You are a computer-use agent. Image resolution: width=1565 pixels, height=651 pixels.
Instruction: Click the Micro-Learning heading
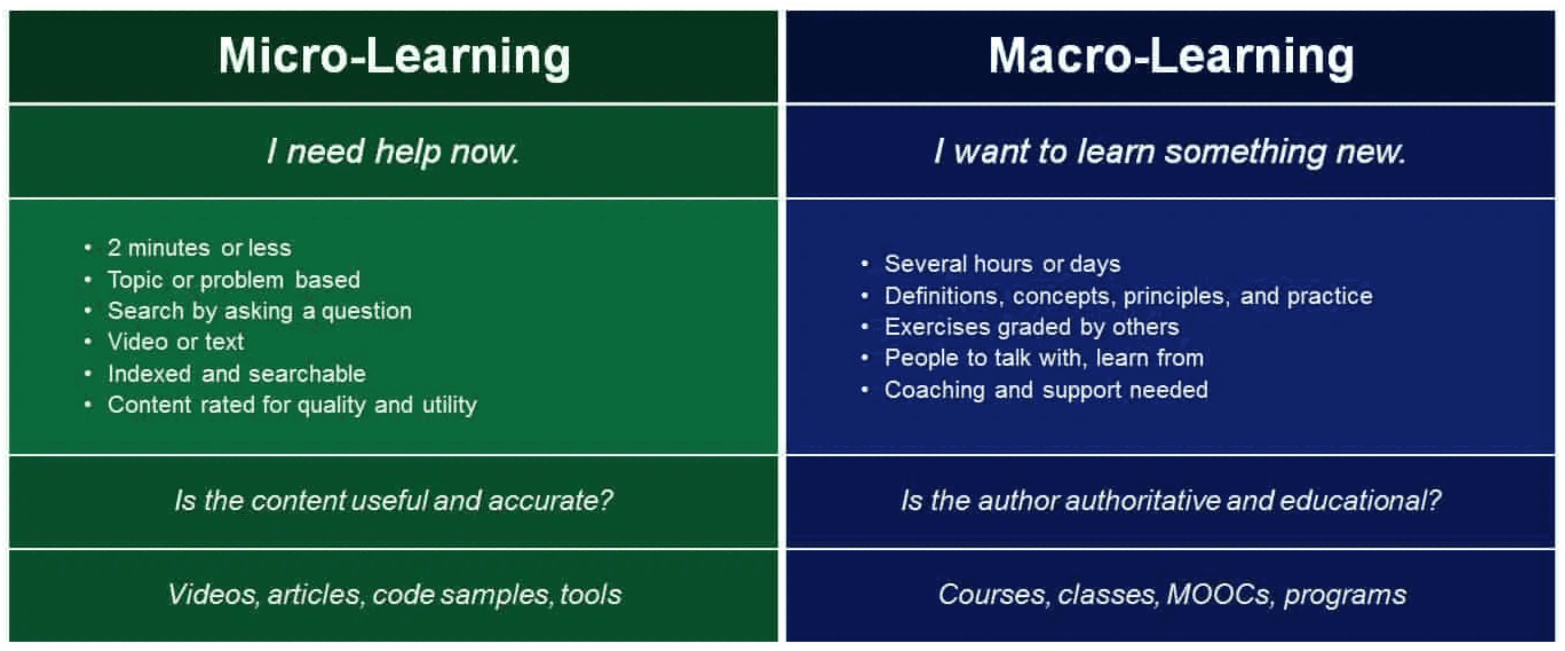pos(394,57)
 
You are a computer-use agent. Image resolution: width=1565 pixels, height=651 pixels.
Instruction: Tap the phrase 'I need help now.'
pos(394,151)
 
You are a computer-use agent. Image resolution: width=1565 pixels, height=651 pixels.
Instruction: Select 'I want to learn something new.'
pos(1170,151)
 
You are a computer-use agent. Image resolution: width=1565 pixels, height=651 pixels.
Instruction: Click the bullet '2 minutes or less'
pos(199,248)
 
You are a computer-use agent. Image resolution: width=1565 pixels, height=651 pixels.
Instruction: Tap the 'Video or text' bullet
pos(175,341)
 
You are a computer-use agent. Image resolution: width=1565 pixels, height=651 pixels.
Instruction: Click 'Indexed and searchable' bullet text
pos(236,374)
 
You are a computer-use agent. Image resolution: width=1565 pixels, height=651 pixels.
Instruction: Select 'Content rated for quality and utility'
pos(292,405)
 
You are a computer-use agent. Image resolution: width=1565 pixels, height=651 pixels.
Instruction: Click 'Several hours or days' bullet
pos(1002,264)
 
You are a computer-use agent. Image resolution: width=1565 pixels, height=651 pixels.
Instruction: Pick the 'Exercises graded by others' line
pos(1032,327)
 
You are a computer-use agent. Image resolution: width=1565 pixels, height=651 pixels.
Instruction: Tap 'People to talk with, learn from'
pos(1044,358)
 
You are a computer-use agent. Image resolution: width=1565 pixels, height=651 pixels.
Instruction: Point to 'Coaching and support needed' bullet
pos(1046,390)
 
